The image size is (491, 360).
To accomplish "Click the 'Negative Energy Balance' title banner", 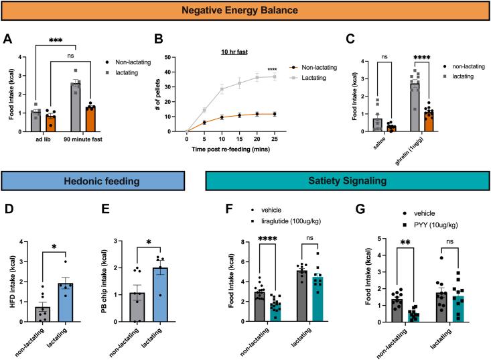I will coord(246,11).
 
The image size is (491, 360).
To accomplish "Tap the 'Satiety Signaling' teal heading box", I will coord(344,180).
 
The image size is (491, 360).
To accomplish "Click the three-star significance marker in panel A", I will coord(56,40).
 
